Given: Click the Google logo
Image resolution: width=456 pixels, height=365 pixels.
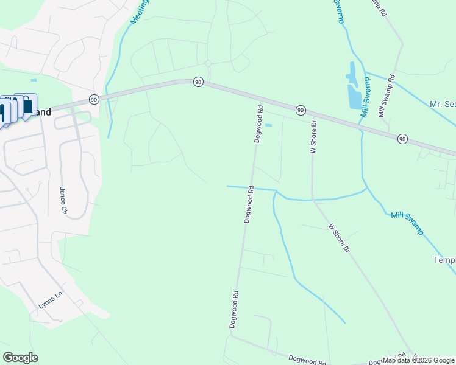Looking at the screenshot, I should click(20, 358).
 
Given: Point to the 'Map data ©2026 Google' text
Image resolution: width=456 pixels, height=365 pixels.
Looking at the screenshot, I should click(418, 360).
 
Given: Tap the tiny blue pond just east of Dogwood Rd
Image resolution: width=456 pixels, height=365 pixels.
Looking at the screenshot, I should click(268, 125).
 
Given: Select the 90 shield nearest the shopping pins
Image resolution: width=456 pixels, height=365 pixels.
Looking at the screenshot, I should click(93, 99).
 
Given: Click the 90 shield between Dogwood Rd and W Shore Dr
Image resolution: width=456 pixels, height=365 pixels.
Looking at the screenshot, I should click(301, 109).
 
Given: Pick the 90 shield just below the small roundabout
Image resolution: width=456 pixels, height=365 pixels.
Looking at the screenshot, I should click(198, 82).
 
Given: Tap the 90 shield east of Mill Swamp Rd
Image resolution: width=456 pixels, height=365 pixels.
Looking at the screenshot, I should click(402, 139).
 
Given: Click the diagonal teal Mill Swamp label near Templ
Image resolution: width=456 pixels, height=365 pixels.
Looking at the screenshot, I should click(407, 223).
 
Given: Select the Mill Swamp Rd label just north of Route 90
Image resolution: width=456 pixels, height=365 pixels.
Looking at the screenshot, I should click(387, 96).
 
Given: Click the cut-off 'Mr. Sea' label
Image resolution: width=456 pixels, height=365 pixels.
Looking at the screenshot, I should click(443, 104).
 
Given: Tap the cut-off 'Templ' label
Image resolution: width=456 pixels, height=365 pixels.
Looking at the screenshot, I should click(444, 260).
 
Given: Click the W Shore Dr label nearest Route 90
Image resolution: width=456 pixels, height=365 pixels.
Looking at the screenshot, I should click(314, 136).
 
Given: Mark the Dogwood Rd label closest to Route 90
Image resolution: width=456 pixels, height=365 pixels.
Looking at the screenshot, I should click(258, 124).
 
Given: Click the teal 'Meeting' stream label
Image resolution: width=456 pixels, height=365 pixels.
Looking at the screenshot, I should click(139, 12).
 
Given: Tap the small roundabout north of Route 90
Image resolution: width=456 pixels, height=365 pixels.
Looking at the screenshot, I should click(208, 63).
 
